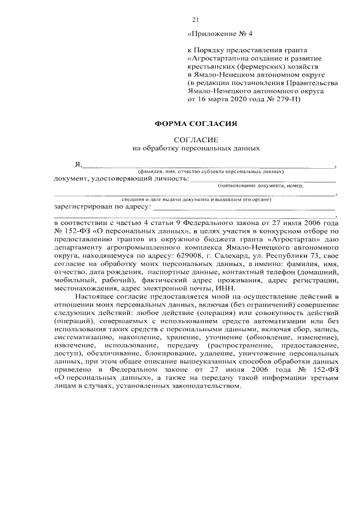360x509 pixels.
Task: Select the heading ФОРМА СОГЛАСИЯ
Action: point(195,123)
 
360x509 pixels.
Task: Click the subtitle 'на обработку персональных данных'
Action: point(196,148)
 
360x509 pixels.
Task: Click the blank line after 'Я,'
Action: point(208,166)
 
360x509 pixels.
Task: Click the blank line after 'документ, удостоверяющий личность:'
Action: point(262,181)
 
